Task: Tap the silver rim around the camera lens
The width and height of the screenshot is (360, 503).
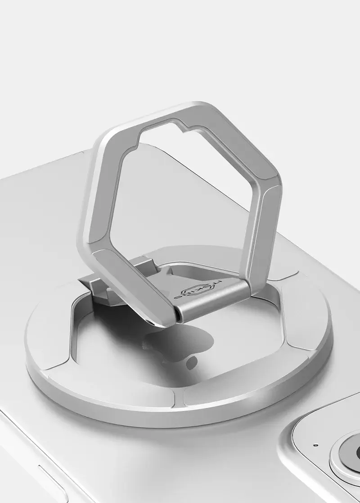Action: [338, 463]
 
